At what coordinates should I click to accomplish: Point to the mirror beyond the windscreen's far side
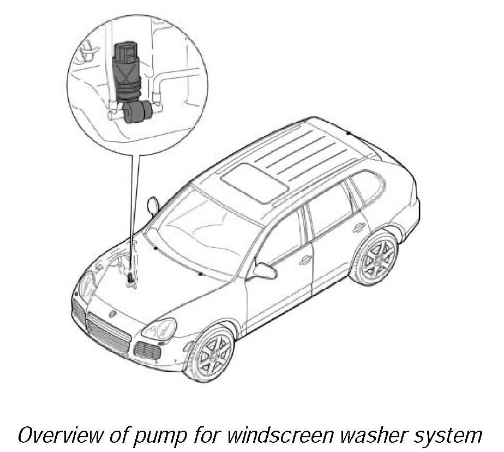click(x=153, y=205)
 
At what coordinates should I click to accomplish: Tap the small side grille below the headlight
click(x=146, y=350)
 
